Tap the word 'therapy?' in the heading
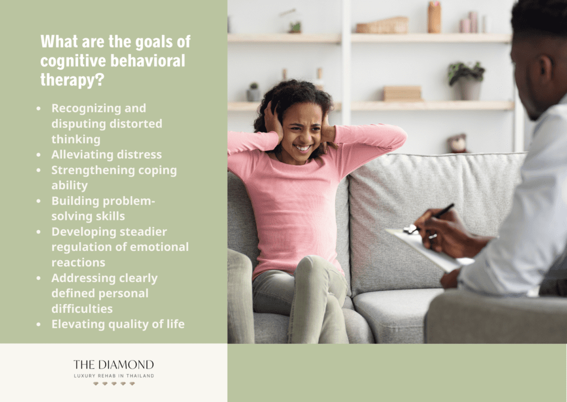tap(73, 80)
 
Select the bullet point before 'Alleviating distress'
tap(39, 154)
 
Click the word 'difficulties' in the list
tap(82, 309)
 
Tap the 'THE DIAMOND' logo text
tap(114, 364)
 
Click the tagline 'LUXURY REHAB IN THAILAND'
tap(114, 376)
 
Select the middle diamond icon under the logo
tap(114, 384)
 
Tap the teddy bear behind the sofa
tap(458, 143)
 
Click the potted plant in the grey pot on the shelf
tap(467, 81)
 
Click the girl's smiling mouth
tap(303, 147)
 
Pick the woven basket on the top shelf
tap(382, 25)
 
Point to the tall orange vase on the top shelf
tap(434, 17)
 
